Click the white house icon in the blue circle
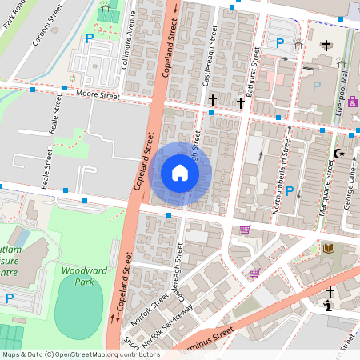click(x=180, y=173)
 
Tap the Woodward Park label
click(x=78, y=276)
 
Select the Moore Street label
click(x=98, y=96)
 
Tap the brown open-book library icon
click(x=327, y=249)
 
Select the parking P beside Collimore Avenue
click(x=89, y=38)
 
